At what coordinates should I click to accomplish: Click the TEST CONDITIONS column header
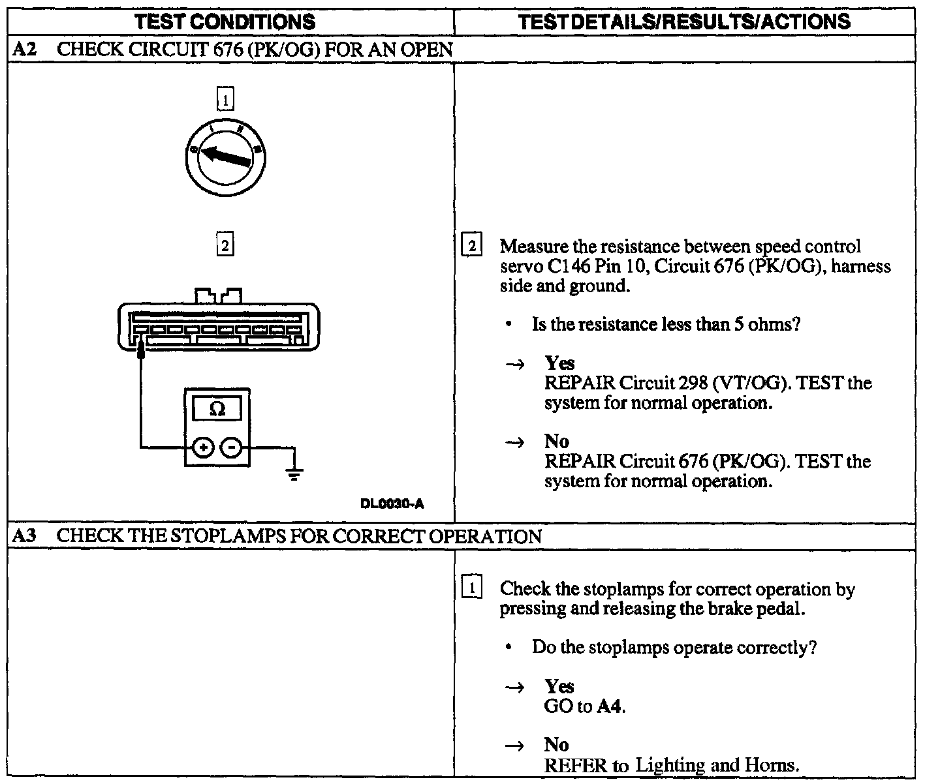coord(225,22)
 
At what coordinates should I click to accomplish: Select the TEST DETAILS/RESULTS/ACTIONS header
coord(684,22)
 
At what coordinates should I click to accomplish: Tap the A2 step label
coord(24,50)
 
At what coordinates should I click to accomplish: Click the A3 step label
coord(24,536)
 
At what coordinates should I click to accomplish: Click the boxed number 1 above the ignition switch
coord(225,100)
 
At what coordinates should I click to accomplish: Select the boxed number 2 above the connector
coord(225,246)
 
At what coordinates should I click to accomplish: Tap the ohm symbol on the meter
coord(218,409)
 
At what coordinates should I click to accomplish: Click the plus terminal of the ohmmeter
coord(203,447)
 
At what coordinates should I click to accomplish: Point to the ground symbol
coord(295,473)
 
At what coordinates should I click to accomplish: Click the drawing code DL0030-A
coord(392,504)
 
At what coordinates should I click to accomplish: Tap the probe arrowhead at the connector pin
coord(140,352)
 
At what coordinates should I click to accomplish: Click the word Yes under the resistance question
coord(559,363)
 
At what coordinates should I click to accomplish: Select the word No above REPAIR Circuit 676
coord(557,442)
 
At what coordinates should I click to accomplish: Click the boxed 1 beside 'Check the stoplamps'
coord(471,588)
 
